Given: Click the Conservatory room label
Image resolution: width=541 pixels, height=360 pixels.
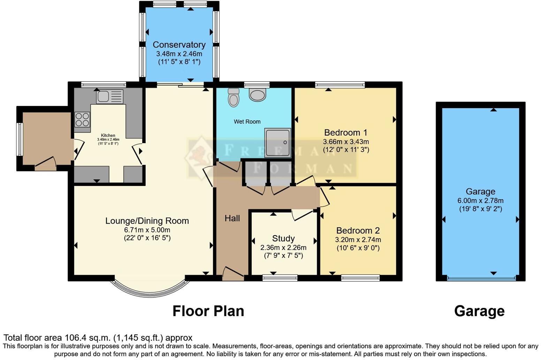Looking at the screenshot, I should [x=179, y=45].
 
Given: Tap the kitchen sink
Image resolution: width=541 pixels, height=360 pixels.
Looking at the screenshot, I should [x=110, y=96].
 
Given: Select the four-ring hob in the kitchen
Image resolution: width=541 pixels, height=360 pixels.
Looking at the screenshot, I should [x=82, y=119].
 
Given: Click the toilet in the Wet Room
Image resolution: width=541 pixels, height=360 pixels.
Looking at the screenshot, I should [x=234, y=97].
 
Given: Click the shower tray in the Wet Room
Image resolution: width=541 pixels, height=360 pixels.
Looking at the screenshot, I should [x=277, y=142].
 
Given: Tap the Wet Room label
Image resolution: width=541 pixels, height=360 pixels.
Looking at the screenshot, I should [x=247, y=122].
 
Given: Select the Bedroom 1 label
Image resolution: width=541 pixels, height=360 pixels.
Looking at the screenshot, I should [x=345, y=133].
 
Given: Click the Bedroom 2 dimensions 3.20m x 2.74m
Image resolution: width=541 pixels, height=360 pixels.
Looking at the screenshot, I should [x=358, y=240].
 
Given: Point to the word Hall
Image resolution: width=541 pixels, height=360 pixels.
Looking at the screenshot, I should [x=232, y=218].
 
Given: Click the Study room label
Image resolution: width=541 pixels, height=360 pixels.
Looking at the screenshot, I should [x=283, y=239].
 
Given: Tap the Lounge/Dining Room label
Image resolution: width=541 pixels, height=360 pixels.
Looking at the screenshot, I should [x=147, y=221].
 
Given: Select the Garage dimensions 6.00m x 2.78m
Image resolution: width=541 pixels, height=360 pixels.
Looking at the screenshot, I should [x=480, y=201].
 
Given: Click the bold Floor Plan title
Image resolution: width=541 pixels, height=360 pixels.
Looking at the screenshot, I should [x=208, y=311].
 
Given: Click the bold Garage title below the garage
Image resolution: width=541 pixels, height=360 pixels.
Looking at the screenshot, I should [x=479, y=311].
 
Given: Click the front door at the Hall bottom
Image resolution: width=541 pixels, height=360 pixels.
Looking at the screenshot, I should [x=233, y=274].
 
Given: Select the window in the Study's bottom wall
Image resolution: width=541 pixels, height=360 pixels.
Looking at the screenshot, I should [x=280, y=278].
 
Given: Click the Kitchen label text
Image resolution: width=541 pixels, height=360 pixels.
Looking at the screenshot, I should [x=108, y=135].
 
